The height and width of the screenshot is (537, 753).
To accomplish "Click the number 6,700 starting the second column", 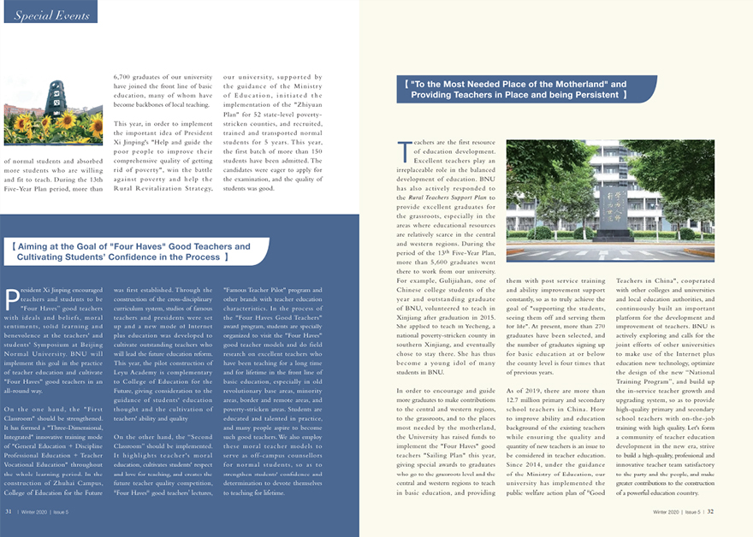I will (124, 77).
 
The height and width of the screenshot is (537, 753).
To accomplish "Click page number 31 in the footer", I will (9, 511).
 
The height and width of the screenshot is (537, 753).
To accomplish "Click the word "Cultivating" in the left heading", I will (48, 257).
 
